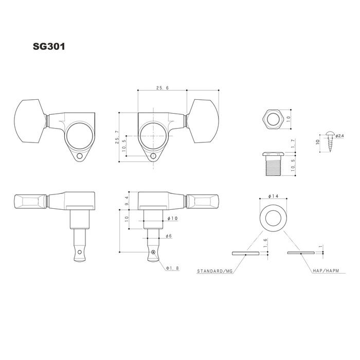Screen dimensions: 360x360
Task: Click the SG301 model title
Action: click(49, 46)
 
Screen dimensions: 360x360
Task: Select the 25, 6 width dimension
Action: click(163, 88)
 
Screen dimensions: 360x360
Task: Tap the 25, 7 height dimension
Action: click(117, 137)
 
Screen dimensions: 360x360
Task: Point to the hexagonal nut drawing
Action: click(273, 119)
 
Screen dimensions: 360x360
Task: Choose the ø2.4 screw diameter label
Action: click(339, 136)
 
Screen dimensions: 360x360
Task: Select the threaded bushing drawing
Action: click(273, 164)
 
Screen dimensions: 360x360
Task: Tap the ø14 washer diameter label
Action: click(273, 196)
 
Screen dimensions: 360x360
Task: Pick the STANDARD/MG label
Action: click(215, 271)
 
